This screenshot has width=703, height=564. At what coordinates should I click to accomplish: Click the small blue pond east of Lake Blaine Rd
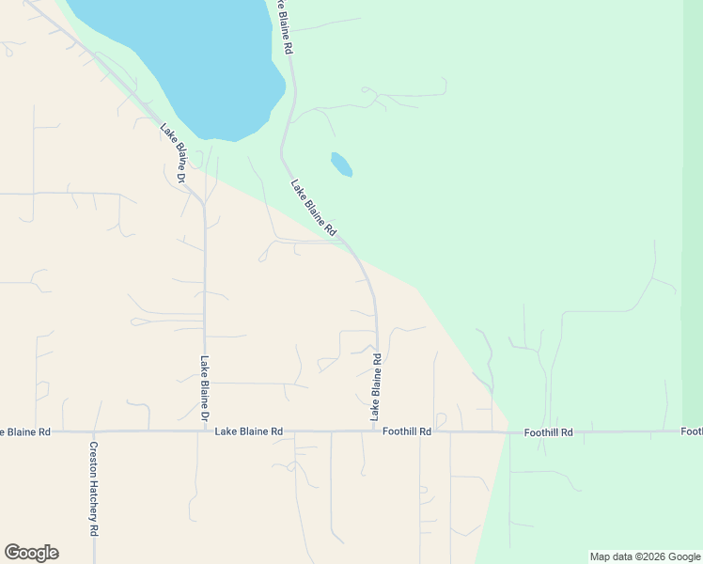coord(341,164)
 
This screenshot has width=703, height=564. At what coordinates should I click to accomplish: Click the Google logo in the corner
coord(31,553)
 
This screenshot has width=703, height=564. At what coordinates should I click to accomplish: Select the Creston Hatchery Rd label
coord(94,489)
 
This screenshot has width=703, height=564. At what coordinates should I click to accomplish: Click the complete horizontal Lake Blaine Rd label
coord(249,431)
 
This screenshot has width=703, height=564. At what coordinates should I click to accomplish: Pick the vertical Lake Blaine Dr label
coord(204,387)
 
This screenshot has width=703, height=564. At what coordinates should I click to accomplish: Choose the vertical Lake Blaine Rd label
coord(376,386)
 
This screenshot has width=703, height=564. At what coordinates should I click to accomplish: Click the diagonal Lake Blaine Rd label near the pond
coord(314,208)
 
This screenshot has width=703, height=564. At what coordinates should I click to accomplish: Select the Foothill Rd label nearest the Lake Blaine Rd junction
coord(407,431)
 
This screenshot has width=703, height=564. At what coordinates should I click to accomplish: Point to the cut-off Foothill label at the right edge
coord(692,431)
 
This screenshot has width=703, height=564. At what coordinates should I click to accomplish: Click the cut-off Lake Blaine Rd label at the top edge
coord(286,26)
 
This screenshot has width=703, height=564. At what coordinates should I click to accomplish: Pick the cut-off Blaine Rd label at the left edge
coord(24,431)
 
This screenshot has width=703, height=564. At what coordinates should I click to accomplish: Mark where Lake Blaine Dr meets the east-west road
coord(205,431)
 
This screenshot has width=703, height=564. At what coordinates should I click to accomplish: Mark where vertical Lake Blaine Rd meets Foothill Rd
coord(376,431)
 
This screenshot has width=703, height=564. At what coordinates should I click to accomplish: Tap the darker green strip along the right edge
coord(693,235)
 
